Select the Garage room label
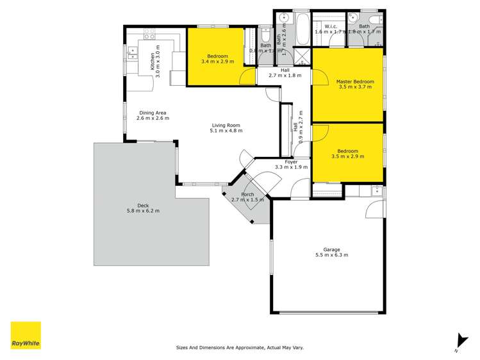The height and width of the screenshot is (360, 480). click(331, 249)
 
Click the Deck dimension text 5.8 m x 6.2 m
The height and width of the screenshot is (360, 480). click(143, 211)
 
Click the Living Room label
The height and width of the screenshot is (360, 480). click(226, 125)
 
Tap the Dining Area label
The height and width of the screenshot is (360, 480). click(153, 113)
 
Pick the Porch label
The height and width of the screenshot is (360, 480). click(247, 194)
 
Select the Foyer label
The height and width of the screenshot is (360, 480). click(292, 161)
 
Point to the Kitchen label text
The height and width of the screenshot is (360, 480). click(153, 61)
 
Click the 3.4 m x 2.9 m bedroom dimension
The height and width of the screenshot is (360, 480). click(217, 61)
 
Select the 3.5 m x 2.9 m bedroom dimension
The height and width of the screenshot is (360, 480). click(347, 156)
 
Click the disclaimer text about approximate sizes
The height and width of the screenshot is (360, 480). click(240, 348)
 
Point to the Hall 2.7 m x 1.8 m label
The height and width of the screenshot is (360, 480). click(285, 76)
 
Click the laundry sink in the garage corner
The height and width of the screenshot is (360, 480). click(376, 190)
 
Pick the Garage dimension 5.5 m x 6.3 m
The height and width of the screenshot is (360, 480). click(331, 255)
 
